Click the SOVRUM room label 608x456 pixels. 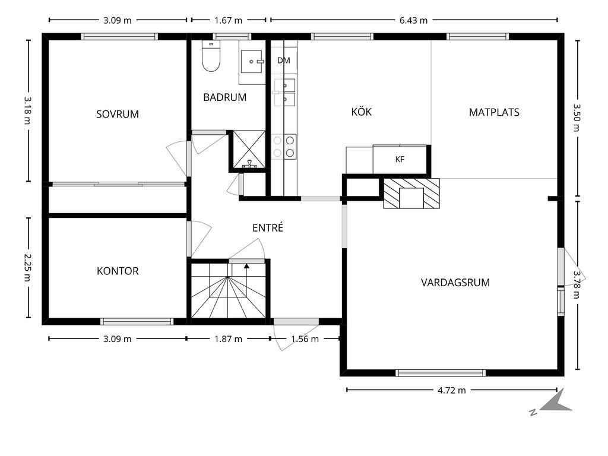tap(118, 114)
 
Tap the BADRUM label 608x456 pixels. tap(225, 97)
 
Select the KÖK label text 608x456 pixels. tap(362, 112)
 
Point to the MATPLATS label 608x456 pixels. tap(494, 112)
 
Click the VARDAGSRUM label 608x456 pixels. tap(455, 282)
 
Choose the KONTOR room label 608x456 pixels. tap(118, 271)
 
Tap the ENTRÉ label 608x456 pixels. tap(268, 227)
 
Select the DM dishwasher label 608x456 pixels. tap(284, 60)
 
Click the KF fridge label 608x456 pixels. tap(400, 159)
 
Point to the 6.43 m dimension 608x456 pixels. tap(413, 20)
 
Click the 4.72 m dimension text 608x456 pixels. tap(452, 390)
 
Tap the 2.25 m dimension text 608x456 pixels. tap(28, 268)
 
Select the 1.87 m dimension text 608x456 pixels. tap(229, 339)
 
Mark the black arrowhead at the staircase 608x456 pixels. tap(246, 265)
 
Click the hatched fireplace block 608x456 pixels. tap(411, 193)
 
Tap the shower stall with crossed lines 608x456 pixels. tap(249, 150)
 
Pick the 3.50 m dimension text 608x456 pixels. tap(577, 117)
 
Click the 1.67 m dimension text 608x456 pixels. tap(229, 20)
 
